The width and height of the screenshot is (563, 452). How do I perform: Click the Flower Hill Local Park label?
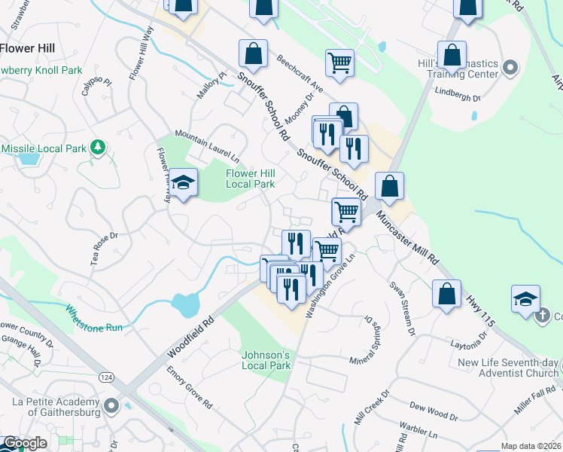point(250,178)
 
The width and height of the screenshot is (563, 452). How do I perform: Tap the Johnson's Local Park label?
point(266,360)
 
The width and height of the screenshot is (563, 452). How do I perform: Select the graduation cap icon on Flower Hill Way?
point(183,182)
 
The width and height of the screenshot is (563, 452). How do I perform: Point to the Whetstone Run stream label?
point(93,317)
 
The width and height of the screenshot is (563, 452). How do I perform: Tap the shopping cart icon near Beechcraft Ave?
point(340,63)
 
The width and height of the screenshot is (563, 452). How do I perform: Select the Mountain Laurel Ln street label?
point(206,146)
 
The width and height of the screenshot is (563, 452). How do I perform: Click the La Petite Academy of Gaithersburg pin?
point(111,407)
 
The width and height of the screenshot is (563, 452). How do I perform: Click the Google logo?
point(25,443)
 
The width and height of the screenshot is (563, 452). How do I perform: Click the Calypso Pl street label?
point(98,90)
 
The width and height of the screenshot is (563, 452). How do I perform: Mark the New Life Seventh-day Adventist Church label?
point(508,368)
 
